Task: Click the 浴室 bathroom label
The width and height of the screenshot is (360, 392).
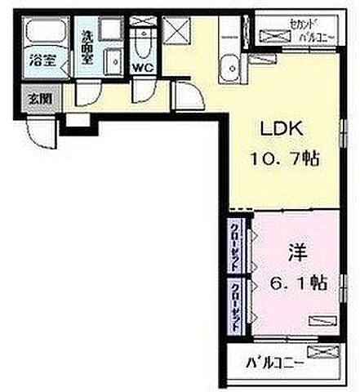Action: coord(43,60)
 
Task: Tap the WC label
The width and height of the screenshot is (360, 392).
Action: coord(142,67)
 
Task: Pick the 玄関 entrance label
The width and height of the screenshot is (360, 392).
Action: coord(39,98)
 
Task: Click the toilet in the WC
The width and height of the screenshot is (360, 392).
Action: coord(144,42)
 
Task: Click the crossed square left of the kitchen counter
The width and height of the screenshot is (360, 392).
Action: coord(175,29)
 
